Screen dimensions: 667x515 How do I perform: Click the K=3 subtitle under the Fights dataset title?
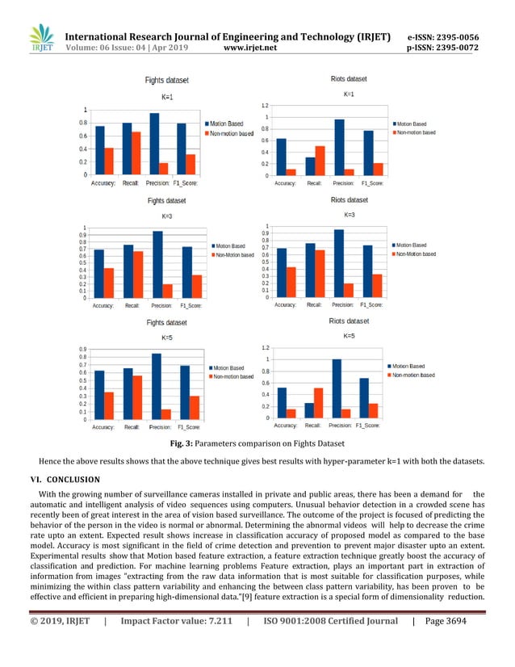(x=166, y=216)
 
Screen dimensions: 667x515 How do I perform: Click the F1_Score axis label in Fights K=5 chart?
(x=189, y=426)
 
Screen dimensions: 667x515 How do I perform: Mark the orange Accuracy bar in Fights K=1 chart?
(x=109, y=161)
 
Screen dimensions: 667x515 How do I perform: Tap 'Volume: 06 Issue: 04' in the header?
(x=111, y=48)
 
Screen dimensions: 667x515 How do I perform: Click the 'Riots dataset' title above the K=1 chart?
(x=349, y=78)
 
